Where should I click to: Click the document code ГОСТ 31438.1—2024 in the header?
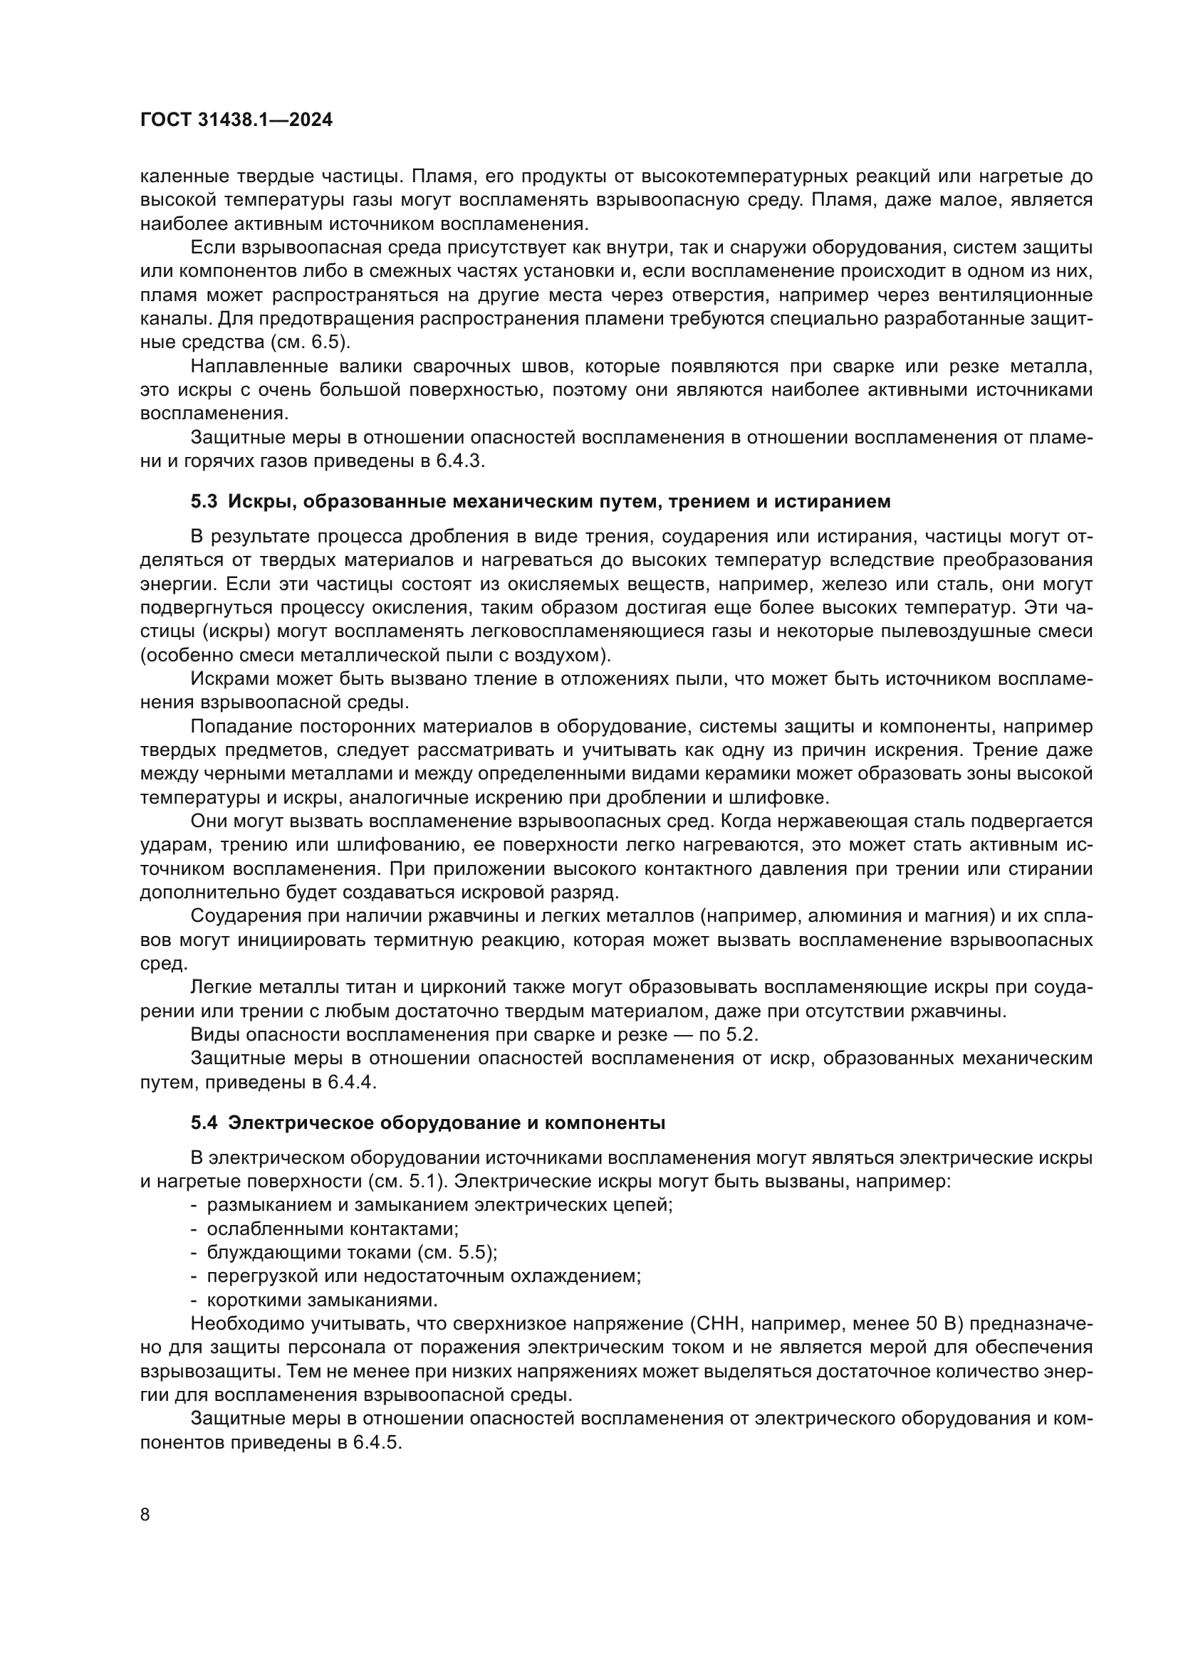coord(236,120)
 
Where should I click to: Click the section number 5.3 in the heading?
coord(204,501)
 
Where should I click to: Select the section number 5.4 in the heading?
coord(204,1123)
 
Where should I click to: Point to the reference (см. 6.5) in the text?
coord(311,342)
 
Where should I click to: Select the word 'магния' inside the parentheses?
coord(958,916)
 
